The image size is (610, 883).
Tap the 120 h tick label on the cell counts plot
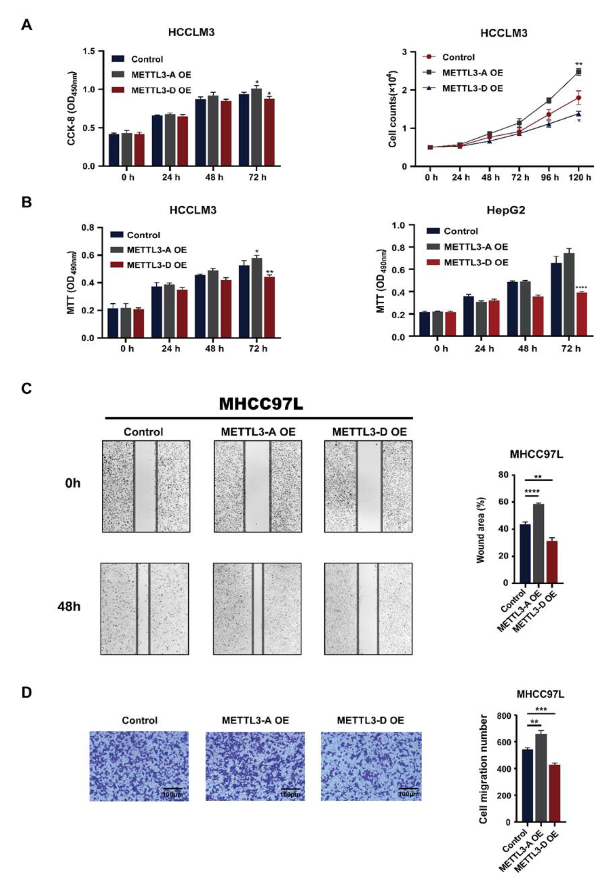[580, 178]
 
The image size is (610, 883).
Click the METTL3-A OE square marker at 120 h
[579, 72]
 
